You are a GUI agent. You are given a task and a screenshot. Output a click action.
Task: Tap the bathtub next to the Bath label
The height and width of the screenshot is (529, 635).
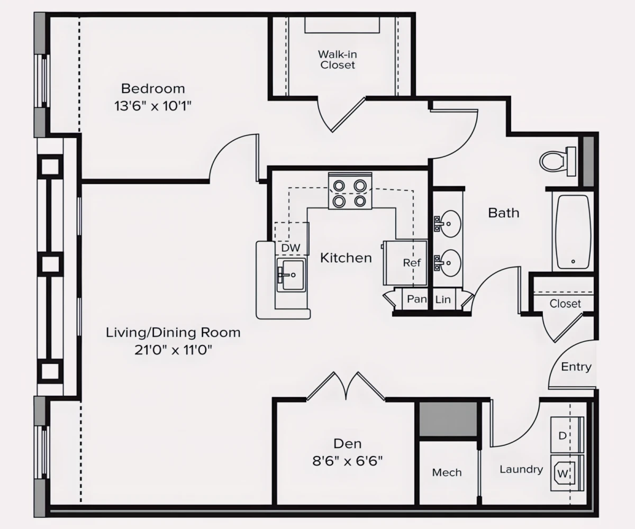(x=571, y=232)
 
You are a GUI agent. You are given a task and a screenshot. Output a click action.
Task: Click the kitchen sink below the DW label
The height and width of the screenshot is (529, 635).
(x=291, y=275)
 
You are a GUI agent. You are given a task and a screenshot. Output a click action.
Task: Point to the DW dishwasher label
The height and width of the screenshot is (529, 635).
(x=291, y=248)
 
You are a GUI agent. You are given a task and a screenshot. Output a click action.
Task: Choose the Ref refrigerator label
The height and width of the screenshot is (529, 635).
(x=411, y=263)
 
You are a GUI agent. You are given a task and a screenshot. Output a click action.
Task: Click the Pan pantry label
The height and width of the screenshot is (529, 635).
(x=416, y=299)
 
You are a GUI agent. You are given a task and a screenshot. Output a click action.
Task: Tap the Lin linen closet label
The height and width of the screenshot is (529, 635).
(x=443, y=299)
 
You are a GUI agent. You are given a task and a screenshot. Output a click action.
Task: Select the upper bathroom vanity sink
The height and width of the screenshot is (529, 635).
(x=449, y=224)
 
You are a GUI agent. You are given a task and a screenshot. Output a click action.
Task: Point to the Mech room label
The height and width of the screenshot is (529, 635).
(x=447, y=472)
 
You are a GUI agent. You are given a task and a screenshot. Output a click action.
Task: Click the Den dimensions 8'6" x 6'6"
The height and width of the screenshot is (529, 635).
(x=347, y=461)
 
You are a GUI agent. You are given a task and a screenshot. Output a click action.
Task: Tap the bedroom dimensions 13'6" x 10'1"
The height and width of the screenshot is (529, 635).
(x=153, y=105)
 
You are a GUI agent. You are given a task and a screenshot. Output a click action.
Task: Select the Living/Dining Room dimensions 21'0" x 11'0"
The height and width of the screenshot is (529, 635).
(x=174, y=350)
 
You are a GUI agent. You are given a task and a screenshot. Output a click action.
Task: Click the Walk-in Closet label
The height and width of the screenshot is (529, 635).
(x=337, y=59)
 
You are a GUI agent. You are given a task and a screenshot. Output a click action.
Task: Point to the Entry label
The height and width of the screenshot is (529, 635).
(x=576, y=367)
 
